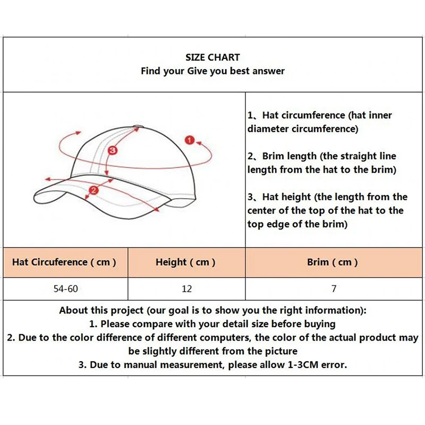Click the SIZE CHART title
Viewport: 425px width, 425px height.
(x=212, y=57)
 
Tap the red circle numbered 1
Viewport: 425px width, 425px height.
(x=189, y=140)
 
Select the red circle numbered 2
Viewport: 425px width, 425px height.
(x=94, y=190)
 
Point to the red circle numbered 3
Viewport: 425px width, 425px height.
(x=112, y=151)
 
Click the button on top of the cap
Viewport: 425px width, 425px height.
(x=138, y=126)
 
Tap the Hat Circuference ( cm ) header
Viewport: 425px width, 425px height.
(x=64, y=262)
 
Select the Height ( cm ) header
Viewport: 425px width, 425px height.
(x=185, y=262)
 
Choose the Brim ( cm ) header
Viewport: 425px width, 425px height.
(x=333, y=262)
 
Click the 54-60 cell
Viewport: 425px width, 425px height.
(x=65, y=289)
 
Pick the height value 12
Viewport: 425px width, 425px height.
(x=186, y=289)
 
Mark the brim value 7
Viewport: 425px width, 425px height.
(x=334, y=289)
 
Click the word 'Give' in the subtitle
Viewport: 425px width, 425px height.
(x=197, y=71)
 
